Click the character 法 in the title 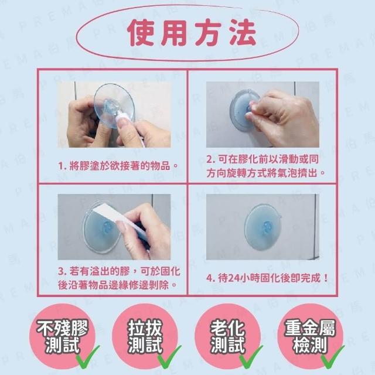pyautogui.click(x=242, y=33)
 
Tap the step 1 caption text pyautogui.click(x=118, y=165)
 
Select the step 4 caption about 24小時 pyautogui.click(x=267, y=278)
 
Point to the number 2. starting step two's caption pyautogui.click(x=211, y=159)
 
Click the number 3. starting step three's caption pyautogui.click(x=63, y=272)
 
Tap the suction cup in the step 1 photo pyautogui.click(x=114, y=106)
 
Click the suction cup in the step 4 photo pyautogui.click(x=262, y=227)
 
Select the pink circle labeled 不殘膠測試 pyautogui.click(x=63, y=336)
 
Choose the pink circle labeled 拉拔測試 pyautogui.click(x=145, y=336)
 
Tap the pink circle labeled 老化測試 pyautogui.click(x=228, y=336)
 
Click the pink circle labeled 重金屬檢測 pyautogui.click(x=311, y=336)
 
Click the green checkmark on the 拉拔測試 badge pyautogui.click(x=169, y=357)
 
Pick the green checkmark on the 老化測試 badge pyautogui.click(x=251, y=357)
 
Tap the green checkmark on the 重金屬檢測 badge pyautogui.click(x=333, y=357)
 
